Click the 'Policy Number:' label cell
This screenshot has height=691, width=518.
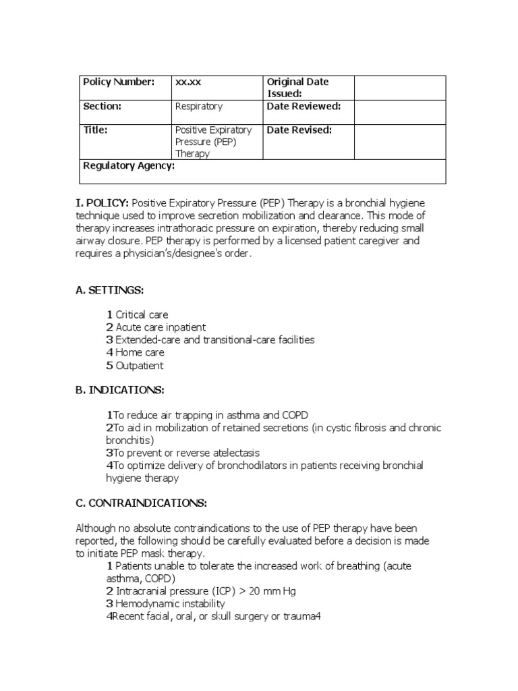[118, 82]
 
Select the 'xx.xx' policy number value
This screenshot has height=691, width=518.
[188, 82]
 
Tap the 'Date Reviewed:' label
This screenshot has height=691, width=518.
[304, 107]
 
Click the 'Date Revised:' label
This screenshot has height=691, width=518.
[299, 130]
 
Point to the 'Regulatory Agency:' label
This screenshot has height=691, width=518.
[128, 165]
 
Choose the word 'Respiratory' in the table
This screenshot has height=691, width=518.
[198, 107]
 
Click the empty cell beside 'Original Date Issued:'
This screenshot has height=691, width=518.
[400, 88]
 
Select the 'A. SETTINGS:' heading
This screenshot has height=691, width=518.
[110, 290]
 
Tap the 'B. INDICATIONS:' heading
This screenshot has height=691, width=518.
[119, 390]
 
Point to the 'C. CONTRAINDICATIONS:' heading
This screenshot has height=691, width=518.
[141, 503]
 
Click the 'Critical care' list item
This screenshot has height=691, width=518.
[142, 315]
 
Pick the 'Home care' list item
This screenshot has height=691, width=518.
[140, 353]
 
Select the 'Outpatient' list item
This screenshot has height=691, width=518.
[139, 366]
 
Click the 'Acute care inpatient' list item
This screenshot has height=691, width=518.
[161, 328]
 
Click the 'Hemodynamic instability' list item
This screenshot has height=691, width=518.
[170, 604]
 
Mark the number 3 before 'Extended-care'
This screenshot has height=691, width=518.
[109, 340]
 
